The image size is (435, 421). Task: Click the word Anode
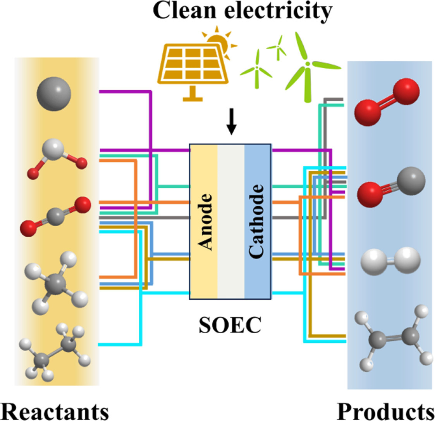[x=205, y=222]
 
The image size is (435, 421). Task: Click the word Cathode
[x=256, y=222]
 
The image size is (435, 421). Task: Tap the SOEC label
[x=230, y=324]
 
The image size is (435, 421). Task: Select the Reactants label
[x=55, y=412]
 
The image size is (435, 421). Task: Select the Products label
[x=386, y=412]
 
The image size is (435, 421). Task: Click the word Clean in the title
[x=184, y=10]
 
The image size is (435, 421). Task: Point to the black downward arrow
[x=231, y=121]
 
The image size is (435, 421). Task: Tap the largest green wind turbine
[x=308, y=67]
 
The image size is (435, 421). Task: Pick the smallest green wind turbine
[x=277, y=48]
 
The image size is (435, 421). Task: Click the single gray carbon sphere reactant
[x=54, y=94]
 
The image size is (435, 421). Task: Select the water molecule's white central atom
[x=53, y=149]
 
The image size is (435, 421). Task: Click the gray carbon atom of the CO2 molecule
[x=55, y=216]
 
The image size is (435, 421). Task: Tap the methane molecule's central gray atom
[x=56, y=284]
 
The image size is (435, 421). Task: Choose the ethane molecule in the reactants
[x=55, y=352]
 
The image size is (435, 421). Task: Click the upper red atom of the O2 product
[x=406, y=92]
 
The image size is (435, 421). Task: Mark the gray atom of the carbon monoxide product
[x=411, y=181]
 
